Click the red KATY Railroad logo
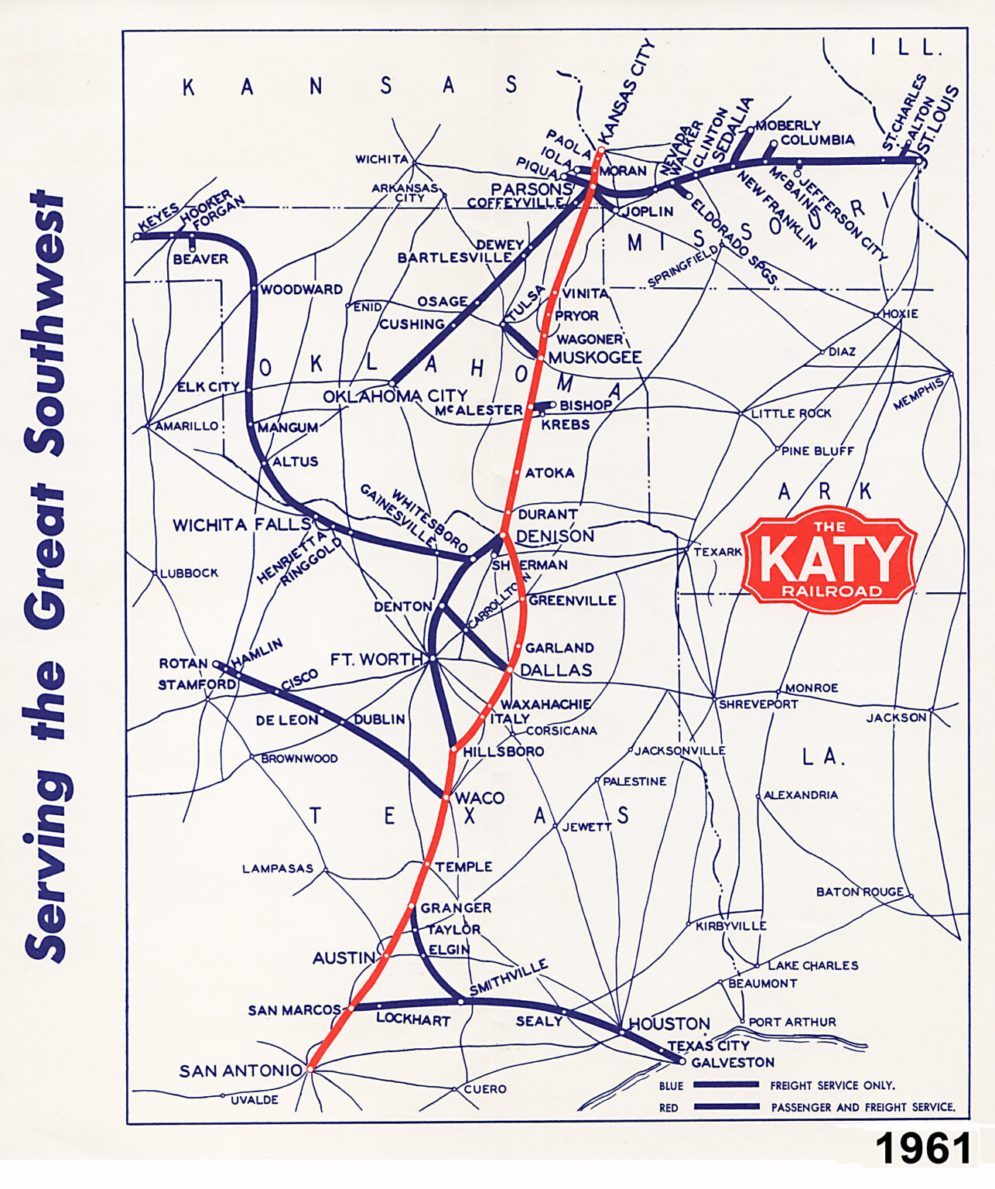[828, 559]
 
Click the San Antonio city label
[241, 1071]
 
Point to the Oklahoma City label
[395, 396]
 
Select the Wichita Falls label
[241, 525]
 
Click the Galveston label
[733, 1062]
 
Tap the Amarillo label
[186, 426]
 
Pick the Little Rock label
[791, 413]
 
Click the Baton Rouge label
[860, 892]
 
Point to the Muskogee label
[595, 357]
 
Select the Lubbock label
[189, 573]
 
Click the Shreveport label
[757, 704]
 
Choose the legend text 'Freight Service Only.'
[832, 1085]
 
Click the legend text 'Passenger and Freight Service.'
[863, 1107]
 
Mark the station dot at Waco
[446, 797]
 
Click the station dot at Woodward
[254, 289]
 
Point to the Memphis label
[919, 394]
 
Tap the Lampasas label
[278, 869]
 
